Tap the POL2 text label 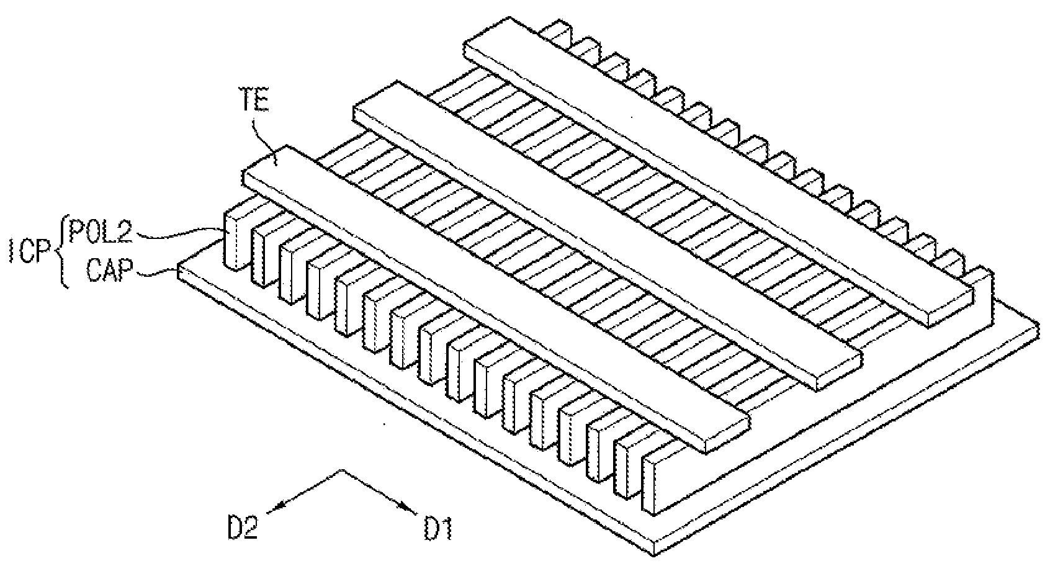(101, 231)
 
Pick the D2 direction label (243, 527)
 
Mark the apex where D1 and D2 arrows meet (342, 470)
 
